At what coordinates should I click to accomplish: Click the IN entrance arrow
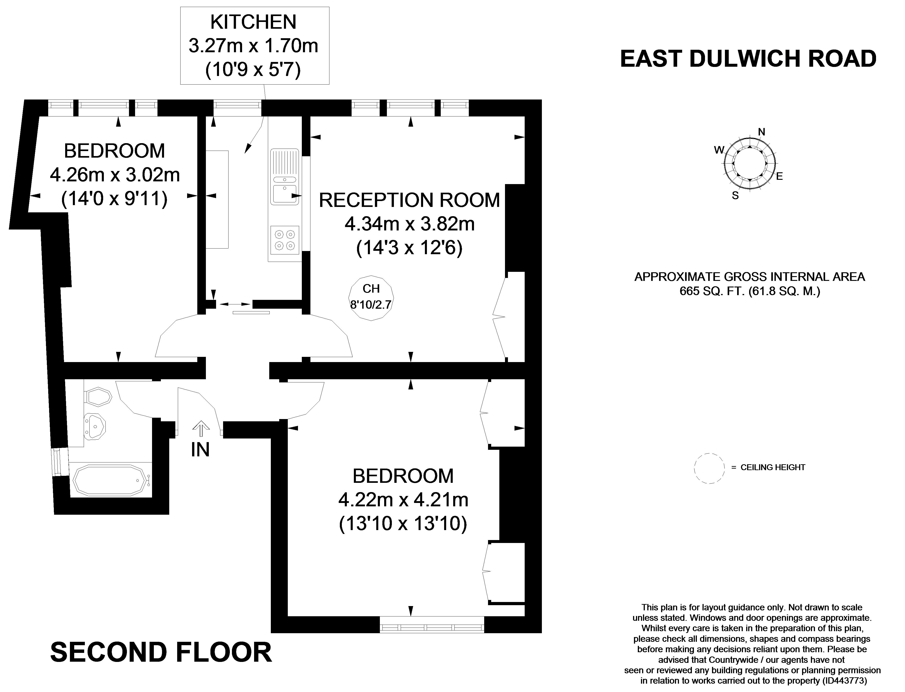201,428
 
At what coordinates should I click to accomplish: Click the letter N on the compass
762,132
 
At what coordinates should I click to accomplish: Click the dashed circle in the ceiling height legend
709,468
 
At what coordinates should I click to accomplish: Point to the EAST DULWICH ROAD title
748,59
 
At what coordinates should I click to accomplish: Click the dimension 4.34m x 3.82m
410,224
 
